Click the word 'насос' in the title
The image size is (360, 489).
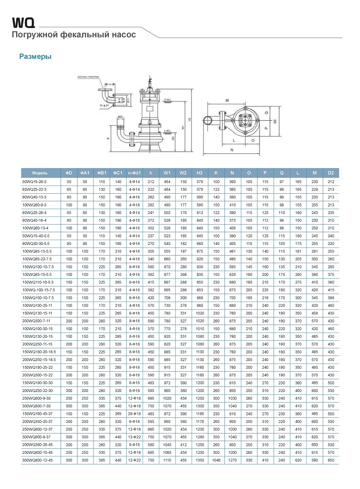pos(124,35)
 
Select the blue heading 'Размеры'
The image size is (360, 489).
pos(36,56)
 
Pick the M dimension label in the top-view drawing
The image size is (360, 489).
pos(227,101)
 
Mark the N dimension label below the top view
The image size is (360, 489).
pos(232,150)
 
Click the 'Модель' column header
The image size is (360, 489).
pos(40,173)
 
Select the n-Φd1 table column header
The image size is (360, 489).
pos(134,173)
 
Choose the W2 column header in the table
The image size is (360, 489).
pos(183,173)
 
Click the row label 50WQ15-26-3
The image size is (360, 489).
pos(34,181)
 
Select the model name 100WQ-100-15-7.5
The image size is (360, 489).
pos(39,289)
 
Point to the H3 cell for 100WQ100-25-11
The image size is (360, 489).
pos(199,305)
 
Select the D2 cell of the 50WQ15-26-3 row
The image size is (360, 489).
pos(331,181)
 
